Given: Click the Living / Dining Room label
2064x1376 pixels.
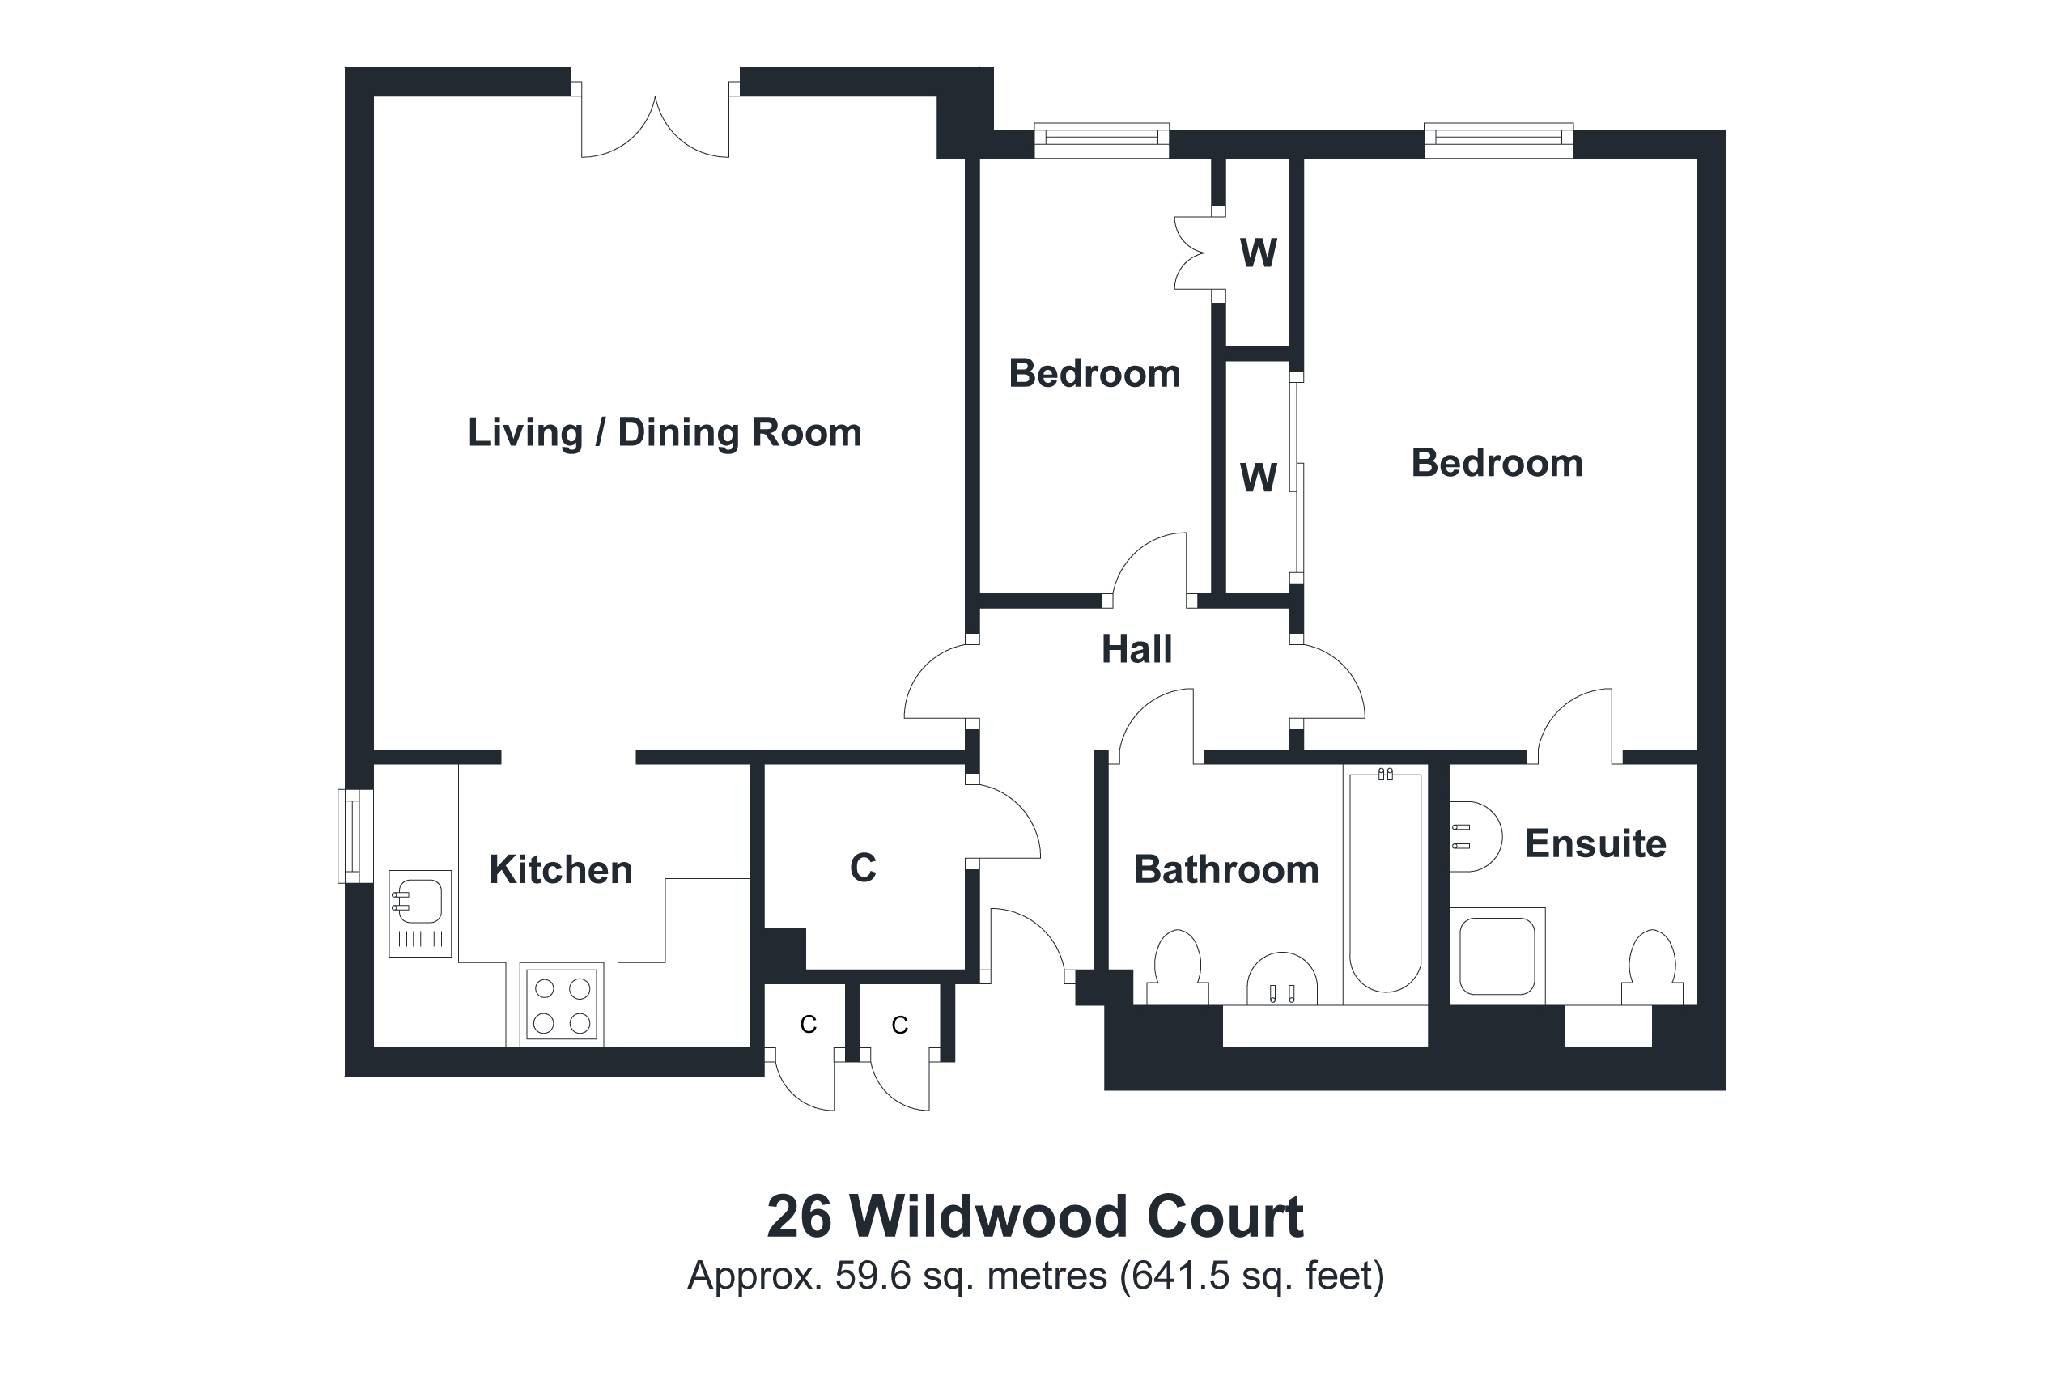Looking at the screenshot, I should coord(665,433).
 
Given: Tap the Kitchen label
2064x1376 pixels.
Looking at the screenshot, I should coord(560,869).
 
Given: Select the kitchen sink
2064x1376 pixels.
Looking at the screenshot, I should coord(419,913).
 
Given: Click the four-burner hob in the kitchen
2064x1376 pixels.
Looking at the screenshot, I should coord(562,1005).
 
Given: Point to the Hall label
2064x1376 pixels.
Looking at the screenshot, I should coord(1136,649).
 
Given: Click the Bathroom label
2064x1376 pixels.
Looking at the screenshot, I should coord(1226,869).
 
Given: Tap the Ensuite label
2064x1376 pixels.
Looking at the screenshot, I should coord(1595,843).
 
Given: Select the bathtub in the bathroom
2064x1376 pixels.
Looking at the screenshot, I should coord(1385,882).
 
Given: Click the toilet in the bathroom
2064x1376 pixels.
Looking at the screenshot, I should coord(1177,970).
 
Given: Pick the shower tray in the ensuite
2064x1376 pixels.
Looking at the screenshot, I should coord(1497,956).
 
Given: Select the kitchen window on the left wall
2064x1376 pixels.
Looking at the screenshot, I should coord(354,835).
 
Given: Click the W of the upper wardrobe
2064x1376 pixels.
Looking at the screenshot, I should coord(1258,253).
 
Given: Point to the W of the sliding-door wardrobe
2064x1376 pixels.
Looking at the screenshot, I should coord(1258,478).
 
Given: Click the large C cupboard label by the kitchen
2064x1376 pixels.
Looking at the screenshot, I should coord(863,868).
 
